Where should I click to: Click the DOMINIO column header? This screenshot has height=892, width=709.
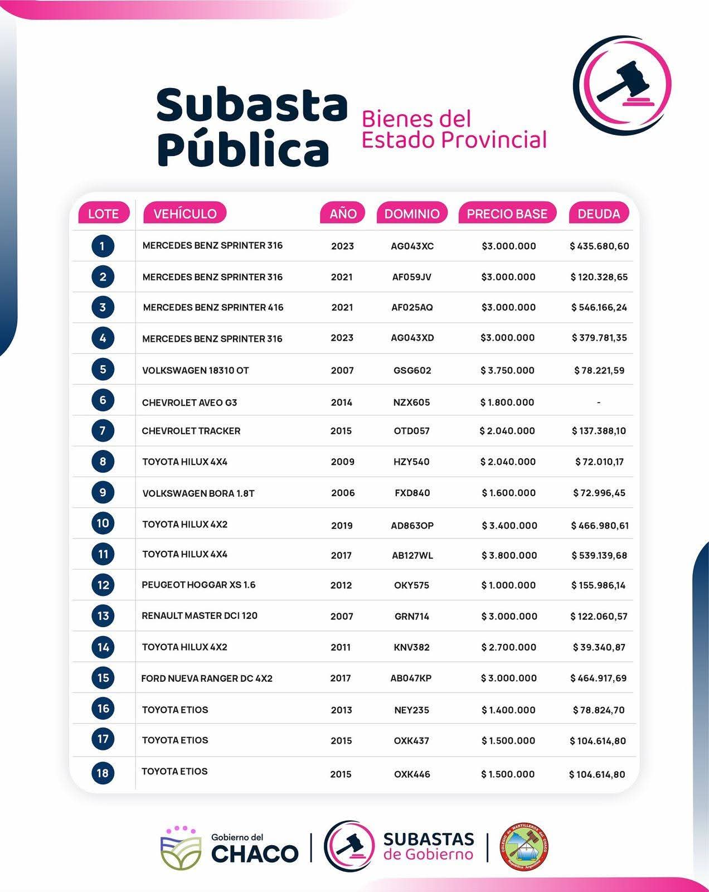(412, 214)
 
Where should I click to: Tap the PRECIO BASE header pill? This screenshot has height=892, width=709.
(507, 214)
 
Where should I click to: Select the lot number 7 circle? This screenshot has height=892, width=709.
(103, 430)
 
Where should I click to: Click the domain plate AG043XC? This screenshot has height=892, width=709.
(412, 246)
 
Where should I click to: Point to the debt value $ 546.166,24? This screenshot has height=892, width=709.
(599, 307)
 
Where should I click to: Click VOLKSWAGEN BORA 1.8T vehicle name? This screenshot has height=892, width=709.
(198, 493)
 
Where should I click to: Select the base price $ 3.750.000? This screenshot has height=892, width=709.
(507, 370)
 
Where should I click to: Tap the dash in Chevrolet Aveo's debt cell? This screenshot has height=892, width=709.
(599, 403)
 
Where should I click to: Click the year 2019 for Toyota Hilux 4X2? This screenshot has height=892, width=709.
(342, 525)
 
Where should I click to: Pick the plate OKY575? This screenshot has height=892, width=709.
(411, 585)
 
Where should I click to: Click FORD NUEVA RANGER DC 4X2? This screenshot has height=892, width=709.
(207, 678)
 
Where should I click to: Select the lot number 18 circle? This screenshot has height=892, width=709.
(103, 773)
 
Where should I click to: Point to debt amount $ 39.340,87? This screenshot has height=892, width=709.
(599, 647)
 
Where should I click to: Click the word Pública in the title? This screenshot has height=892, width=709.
(243, 149)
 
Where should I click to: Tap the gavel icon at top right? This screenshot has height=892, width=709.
(623, 85)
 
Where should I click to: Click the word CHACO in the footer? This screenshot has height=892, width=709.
(255, 854)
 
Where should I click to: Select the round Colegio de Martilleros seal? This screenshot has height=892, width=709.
(525, 847)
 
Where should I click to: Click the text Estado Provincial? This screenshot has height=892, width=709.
(454, 139)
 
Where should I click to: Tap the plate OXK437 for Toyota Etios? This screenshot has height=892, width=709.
(411, 741)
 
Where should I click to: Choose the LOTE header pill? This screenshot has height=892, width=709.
(103, 214)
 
